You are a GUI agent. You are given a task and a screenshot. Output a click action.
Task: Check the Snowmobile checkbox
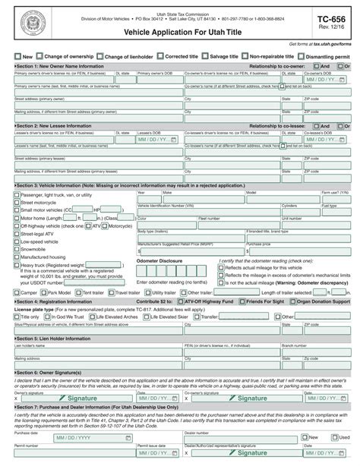point(17,248)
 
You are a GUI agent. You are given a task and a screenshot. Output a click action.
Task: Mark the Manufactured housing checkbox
point(17,257)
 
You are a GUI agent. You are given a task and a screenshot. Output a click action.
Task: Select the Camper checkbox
point(17,292)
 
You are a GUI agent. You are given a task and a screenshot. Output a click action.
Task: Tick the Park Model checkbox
point(45,292)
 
